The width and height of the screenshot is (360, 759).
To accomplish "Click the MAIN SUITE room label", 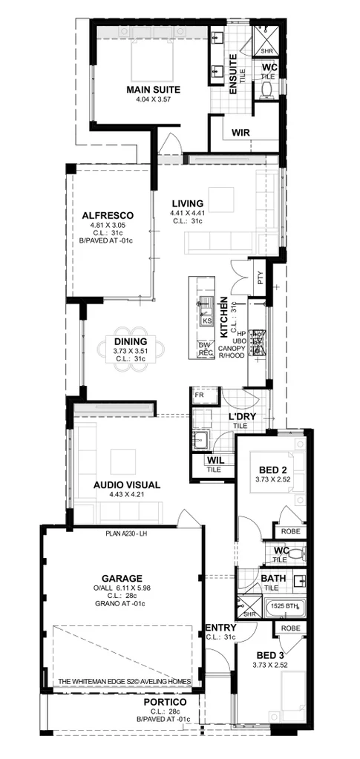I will pyautogui.click(x=154, y=90).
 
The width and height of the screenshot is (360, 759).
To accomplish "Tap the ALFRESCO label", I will pyautogui.click(x=108, y=216).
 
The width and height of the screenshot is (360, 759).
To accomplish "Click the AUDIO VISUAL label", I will pyautogui.click(x=127, y=484).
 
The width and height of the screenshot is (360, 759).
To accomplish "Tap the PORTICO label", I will pyautogui.click(x=164, y=701).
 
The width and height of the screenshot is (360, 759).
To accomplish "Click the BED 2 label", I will pyautogui.click(x=272, y=470).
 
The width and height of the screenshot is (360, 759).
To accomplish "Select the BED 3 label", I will pyautogui.click(x=269, y=655).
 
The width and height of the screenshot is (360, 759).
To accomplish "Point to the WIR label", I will pyautogui.click(x=240, y=133).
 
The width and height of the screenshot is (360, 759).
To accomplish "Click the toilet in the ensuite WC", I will pyautogui.click(x=268, y=89).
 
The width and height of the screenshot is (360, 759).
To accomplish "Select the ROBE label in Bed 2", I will pyautogui.click(x=290, y=531).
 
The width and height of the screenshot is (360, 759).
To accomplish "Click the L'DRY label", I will pyautogui.click(x=242, y=416).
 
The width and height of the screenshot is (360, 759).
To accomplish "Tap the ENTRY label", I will pyautogui.click(x=221, y=628).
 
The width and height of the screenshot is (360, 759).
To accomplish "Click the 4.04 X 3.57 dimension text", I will pyautogui.click(x=154, y=99).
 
